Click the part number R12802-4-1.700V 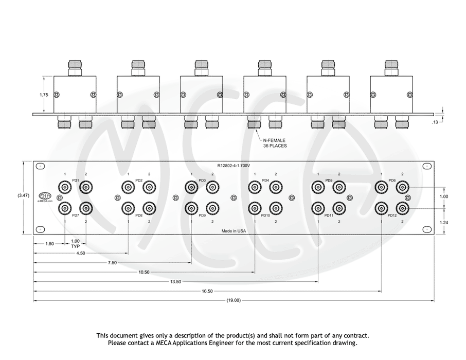(x=234, y=166)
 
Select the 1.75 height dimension (x=44, y=95)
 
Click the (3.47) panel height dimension (x=23, y=196)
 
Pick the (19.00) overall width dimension (x=234, y=301)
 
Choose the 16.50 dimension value (x=207, y=291)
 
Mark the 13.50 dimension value (x=175, y=281)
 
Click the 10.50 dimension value (x=144, y=272)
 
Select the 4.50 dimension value (x=81, y=253)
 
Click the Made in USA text (x=234, y=231)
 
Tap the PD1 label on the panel (x=75, y=181)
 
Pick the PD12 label (x=392, y=215)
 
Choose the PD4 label (x=265, y=181)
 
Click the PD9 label (x=202, y=215)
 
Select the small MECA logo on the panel (x=45, y=196)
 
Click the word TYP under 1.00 (x=75, y=246)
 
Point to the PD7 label (x=75, y=215)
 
